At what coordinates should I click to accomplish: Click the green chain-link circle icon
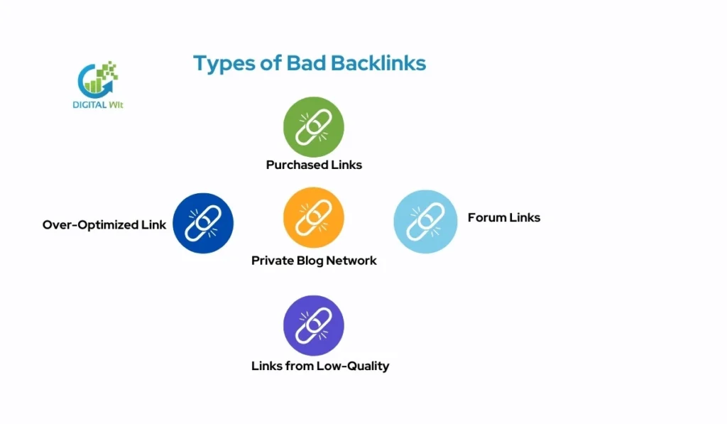pyautogui.click(x=313, y=127)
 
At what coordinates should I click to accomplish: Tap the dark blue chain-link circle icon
pyautogui.click(x=203, y=224)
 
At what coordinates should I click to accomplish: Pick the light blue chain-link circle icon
pyautogui.click(x=425, y=221)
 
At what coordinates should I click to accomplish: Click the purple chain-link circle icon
pyautogui.click(x=313, y=325)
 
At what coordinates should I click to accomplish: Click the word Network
pyautogui.click(x=351, y=261)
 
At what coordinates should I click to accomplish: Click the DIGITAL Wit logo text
pyautogui.click(x=99, y=103)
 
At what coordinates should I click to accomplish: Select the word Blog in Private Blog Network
pyautogui.click(x=308, y=261)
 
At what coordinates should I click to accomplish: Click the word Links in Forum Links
pyautogui.click(x=525, y=217)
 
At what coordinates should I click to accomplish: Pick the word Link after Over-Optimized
pyautogui.click(x=154, y=225)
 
